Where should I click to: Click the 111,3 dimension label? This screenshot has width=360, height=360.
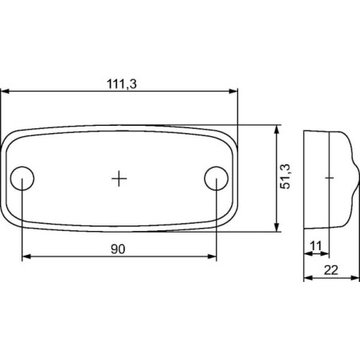[122, 84]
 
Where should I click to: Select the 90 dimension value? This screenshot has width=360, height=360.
[118, 249]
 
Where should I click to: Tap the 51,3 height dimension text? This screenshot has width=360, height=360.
[285, 177]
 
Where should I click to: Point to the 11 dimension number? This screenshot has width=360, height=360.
[316, 246]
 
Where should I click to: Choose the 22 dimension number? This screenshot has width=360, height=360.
[331, 270]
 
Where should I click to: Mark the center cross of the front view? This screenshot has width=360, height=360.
[119, 178]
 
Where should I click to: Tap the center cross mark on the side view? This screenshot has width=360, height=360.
[329, 178]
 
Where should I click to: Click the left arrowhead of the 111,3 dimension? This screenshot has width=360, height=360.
[6, 92]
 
